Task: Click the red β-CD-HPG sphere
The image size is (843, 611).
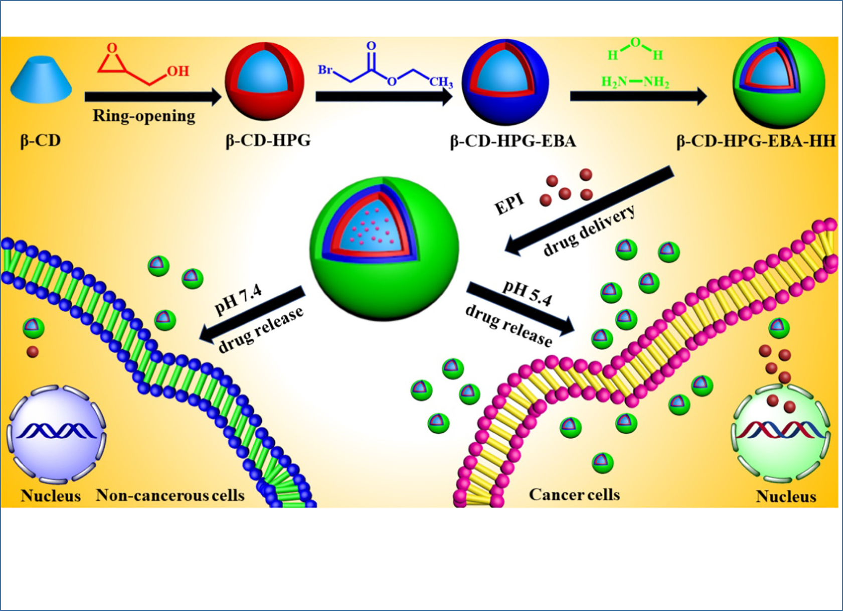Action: point(265,80)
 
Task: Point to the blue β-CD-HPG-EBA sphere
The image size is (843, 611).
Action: point(505,82)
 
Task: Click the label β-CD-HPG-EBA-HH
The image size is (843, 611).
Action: point(756,141)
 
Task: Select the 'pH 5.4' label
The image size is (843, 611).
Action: point(528,294)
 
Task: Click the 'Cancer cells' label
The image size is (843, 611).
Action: point(574,494)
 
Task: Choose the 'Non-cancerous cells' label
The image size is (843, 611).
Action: point(170,495)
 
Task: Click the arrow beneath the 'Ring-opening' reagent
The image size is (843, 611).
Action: point(153,97)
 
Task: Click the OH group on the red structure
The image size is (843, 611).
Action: point(178,71)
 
